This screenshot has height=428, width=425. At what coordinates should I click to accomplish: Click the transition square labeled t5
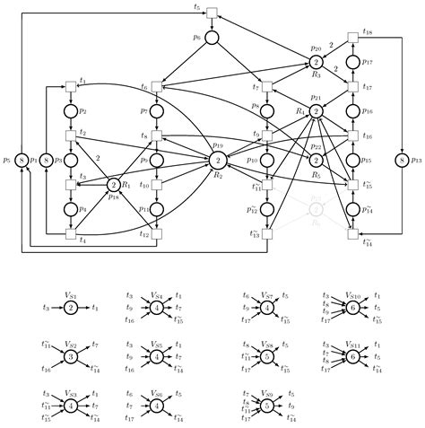[212, 12]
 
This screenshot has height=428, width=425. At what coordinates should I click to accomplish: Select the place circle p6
[212, 38]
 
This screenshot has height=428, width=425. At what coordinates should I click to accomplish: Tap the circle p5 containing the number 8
[22, 160]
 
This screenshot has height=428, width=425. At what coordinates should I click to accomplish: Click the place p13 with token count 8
[402, 160]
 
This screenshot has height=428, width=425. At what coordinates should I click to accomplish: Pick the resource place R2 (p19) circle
[218, 160]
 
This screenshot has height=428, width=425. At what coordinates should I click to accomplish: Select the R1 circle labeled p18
[114, 184]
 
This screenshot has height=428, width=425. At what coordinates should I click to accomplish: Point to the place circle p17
[353, 62]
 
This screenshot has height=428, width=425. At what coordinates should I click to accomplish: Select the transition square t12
[156, 235]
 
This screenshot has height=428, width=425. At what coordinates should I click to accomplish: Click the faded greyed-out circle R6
[316, 209]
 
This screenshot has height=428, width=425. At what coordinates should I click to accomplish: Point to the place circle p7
[156, 110]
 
